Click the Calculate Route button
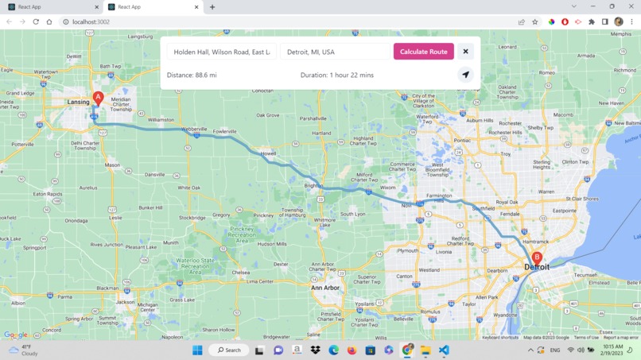click(x=423, y=52)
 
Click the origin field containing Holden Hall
click(x=222, y=52)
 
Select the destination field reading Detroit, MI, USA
click(x=335, y=52)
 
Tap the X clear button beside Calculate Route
click(x=466, y=52)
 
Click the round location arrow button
click(x=466, y=75)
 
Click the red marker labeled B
click(x=537, y=257)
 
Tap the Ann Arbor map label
click(x=324, y=288)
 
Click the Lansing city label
click(x=79, y=103)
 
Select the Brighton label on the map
click(x=313, y=186)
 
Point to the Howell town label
click(x=268, y=153)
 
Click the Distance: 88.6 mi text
click(x=192, y=75)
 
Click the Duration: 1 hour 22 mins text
click(x=336, y=75)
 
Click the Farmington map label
click(x=439, y=195)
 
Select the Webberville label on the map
click(x=194, y=129)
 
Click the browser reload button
click(x=36, y=22)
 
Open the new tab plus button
click(x=212, y=7)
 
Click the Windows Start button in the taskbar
click(x=197, y=350)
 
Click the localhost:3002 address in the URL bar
click(x=91, y=22)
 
